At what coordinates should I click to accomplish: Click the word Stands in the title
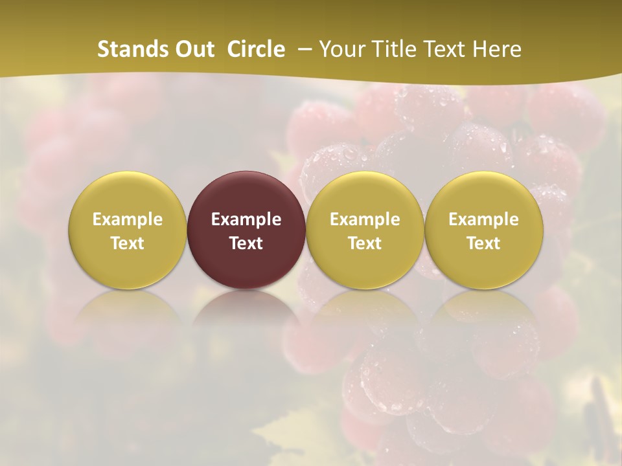130,49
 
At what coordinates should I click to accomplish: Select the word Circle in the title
256,49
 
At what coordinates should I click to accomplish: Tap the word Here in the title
497,49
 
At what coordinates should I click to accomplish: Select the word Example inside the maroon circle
246,219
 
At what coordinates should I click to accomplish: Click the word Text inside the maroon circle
246,243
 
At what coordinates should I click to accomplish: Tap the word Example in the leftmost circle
128,219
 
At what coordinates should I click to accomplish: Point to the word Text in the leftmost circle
128,243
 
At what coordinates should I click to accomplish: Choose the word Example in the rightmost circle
484,219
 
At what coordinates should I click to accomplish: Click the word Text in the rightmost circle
484,243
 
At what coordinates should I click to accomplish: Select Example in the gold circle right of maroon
365,219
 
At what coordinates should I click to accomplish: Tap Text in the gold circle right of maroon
365,243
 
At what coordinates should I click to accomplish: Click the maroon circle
246,194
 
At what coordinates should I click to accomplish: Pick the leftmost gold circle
128,194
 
